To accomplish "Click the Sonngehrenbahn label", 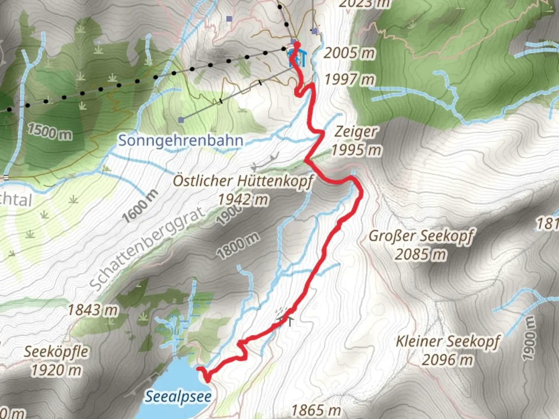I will tap(181, 140).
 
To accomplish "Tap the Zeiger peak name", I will tap(355, 132).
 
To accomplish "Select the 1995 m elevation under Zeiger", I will tap(356, 150).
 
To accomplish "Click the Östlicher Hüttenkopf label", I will tap(243, 181).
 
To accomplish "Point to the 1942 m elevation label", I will tap(243, 200).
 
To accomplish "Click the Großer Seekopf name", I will tap(421, 236).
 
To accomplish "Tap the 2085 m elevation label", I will tap(421, 255).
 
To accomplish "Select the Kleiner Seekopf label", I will tap(447, 341).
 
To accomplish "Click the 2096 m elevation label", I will tap(447, 360).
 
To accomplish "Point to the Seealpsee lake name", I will tap(178, 396).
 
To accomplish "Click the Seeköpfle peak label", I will tap(56, 352).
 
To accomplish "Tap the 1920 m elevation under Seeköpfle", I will tap(56, 371).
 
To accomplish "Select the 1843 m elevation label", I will tap(93, 310).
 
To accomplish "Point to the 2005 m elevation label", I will tap(349, 53).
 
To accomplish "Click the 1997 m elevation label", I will tap(349, 80).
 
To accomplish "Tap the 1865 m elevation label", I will tap(316, 410).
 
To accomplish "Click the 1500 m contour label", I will tap(50, 132).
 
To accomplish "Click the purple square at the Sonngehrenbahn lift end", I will tap(181, 120).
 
